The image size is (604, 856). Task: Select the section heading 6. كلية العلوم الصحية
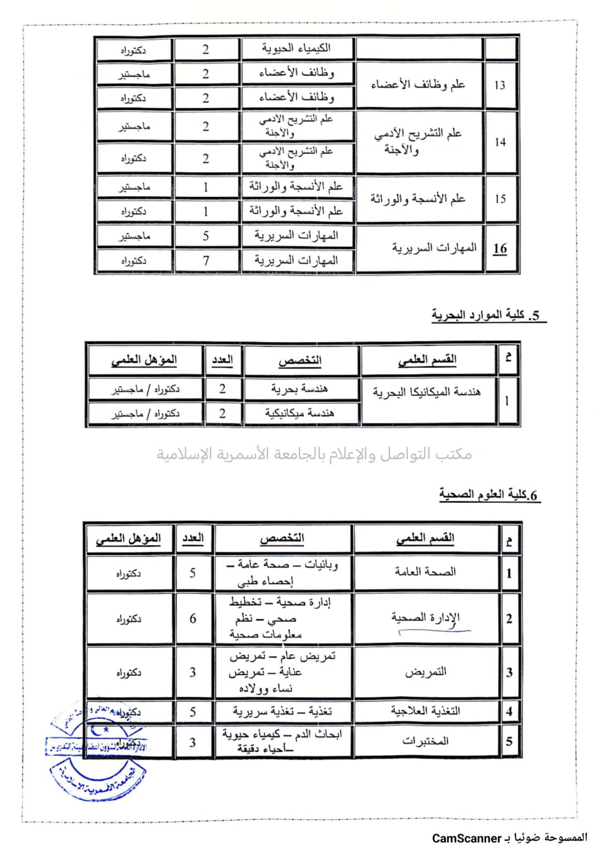(488, 495)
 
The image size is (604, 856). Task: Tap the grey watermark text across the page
(314, 454)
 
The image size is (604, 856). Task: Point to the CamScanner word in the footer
(466, 838)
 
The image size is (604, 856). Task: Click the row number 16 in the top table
(500, 249)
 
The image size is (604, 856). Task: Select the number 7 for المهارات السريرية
(206, 260)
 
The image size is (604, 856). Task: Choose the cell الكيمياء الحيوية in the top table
(297, 48)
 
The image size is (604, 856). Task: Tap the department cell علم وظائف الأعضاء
(418, 85)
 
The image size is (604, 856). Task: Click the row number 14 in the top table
(500, 142)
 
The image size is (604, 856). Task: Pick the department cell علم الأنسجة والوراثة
(418, 199)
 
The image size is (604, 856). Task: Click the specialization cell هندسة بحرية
(299, 388)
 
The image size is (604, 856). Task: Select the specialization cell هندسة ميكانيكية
(299, 413)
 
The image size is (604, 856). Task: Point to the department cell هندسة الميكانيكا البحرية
(427, 392)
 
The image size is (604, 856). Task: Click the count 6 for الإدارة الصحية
(193, 619)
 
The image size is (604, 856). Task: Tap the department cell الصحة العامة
(425, 572)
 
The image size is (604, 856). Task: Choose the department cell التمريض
(425, 672)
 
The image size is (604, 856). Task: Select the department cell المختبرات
(425, 741)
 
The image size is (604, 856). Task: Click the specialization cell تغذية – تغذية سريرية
(282, 712)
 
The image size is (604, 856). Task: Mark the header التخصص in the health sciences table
(282, 538)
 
